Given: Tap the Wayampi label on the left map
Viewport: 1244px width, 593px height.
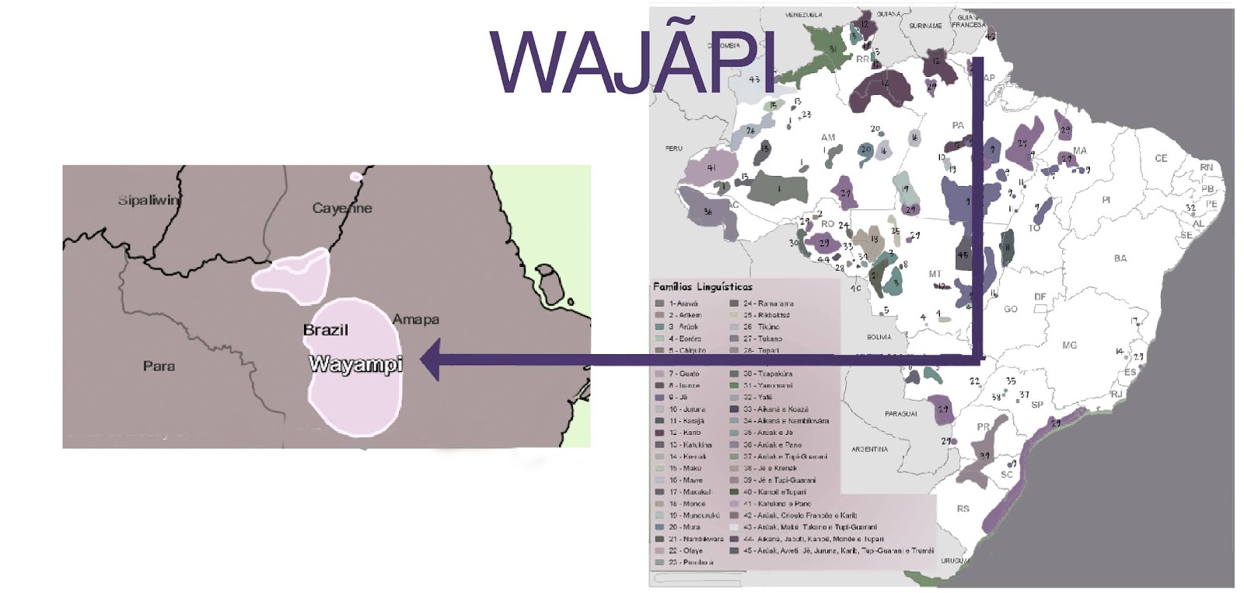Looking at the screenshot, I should [355, 364].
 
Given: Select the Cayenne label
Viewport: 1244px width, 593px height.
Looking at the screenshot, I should [342, 209].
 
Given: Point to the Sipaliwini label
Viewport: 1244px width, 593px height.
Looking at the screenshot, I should [149, 201].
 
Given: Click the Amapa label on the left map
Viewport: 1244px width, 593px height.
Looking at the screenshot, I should [416, 320].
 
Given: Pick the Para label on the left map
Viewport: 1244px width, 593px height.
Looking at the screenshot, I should [159, 366].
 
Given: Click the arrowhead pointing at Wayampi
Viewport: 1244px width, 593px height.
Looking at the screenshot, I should [430, 360].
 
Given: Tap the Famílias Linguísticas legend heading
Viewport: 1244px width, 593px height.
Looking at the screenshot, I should [703, 287].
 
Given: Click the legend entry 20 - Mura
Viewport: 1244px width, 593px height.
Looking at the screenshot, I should [684, 527].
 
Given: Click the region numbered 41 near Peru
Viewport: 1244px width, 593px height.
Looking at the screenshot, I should [711, 167].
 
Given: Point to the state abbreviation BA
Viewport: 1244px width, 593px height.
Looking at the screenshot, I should [1120, 258].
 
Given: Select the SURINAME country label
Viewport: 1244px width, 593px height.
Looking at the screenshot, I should [924, 26].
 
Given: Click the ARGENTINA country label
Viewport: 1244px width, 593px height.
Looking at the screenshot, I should [869, 450].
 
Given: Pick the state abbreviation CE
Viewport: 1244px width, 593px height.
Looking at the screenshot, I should [1161, 159].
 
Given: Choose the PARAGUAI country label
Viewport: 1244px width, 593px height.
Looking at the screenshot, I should [900, 414].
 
